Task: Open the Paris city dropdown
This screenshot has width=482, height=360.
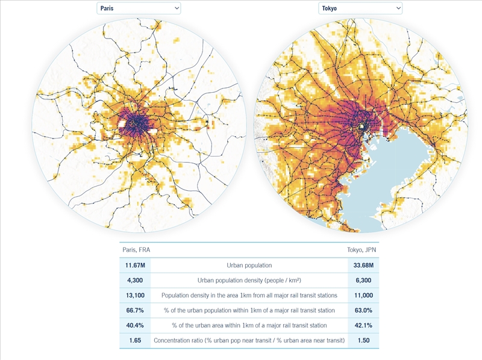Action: coord(139,8)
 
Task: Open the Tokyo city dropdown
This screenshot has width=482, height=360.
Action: coord(360,8)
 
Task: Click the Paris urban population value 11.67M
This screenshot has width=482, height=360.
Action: coord(135,265)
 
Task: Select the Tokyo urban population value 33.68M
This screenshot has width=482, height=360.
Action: coord(363,265)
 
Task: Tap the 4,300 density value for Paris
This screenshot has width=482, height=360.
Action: coord(135,280)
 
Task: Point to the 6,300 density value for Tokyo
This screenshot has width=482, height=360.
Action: coord(363,280)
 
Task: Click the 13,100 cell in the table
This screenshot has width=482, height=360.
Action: coord(135,295)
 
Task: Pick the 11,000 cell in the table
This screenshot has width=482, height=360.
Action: coord(363,295)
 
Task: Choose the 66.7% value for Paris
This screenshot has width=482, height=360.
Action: coord(135,310)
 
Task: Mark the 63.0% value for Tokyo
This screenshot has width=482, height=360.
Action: coord(363,310)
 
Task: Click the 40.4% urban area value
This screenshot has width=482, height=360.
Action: coord(135,325)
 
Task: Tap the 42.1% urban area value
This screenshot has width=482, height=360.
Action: coord(363,325)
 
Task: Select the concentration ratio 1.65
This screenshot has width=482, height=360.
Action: coord(135,340)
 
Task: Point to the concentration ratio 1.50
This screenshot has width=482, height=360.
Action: coord(363,340)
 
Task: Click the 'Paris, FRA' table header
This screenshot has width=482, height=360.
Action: coord(136,250)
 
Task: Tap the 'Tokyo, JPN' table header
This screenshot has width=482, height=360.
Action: coord(361,250)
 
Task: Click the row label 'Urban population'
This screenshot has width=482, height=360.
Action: coord(249,265)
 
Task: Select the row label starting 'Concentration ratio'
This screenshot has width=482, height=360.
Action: coord(249,340)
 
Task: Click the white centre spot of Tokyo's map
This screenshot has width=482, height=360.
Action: coord(362,126)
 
